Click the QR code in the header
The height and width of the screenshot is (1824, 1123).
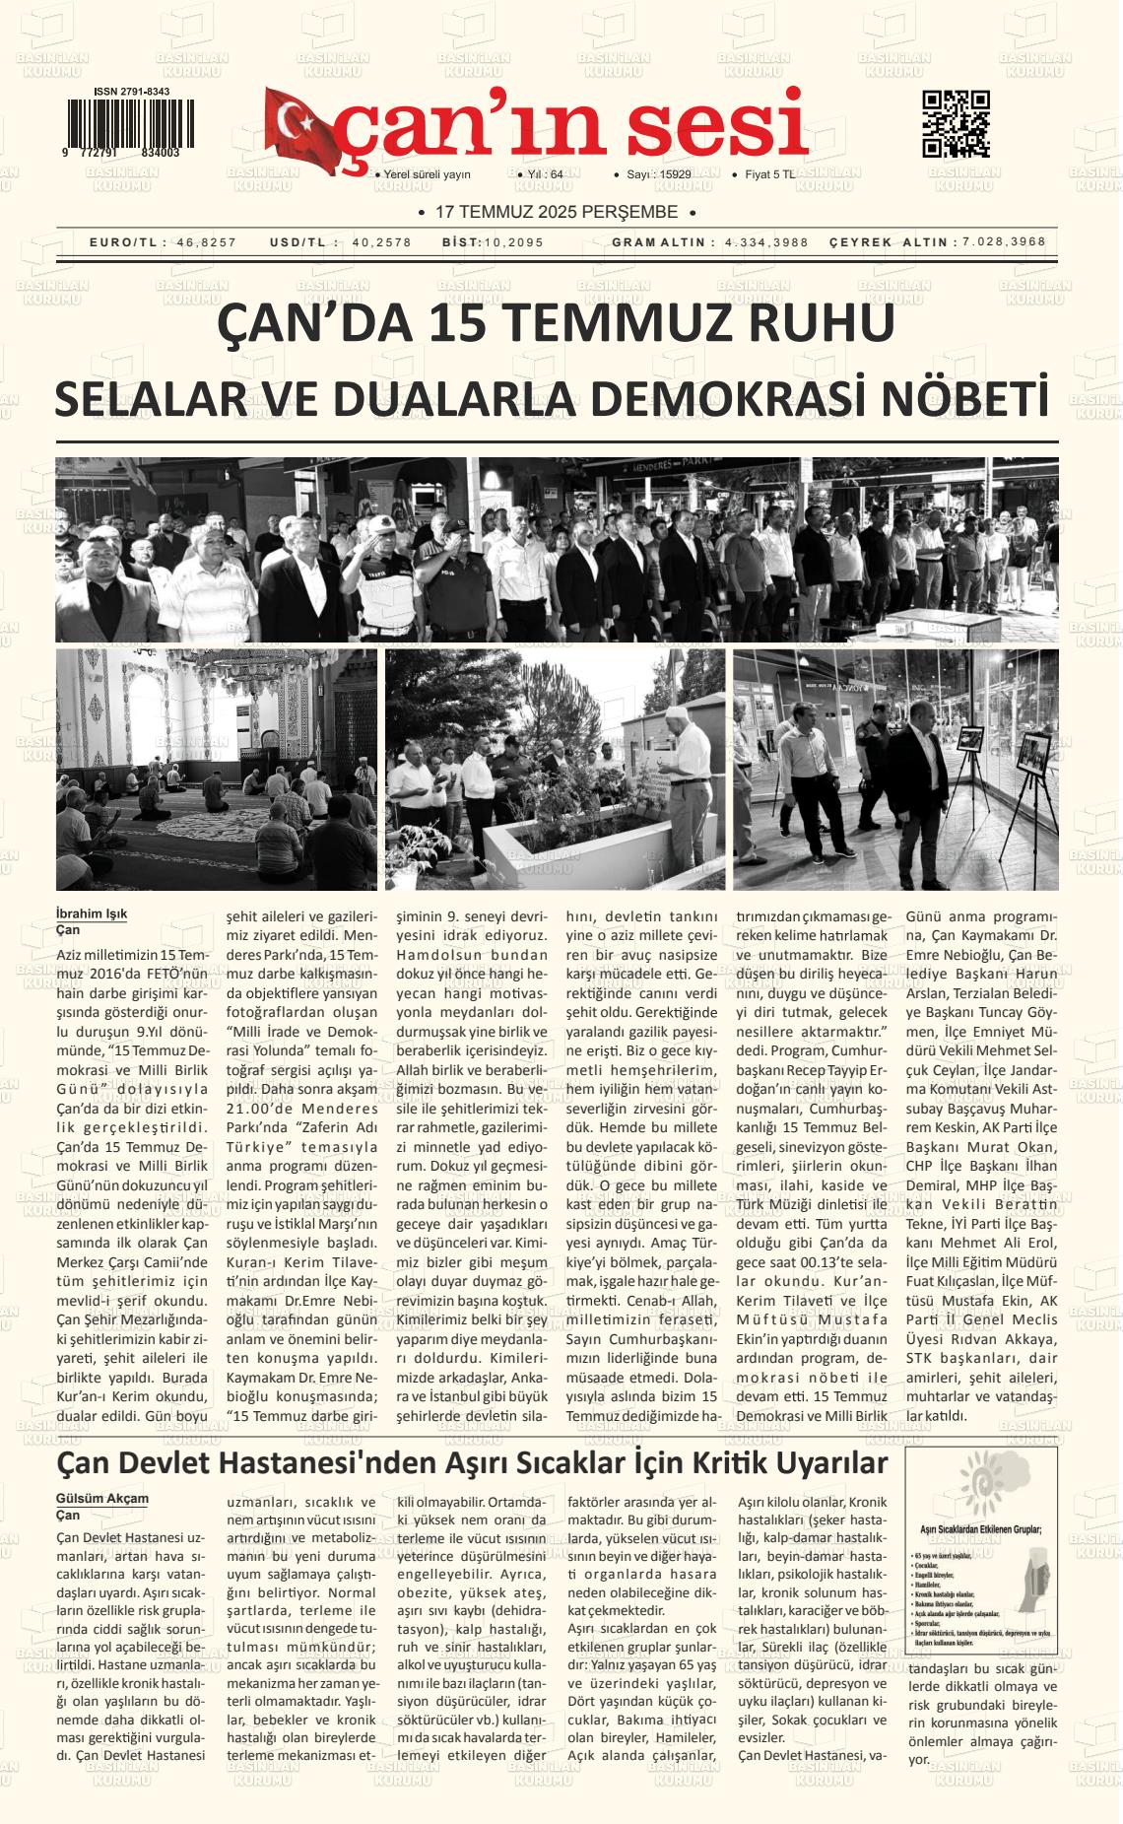pos(955,124)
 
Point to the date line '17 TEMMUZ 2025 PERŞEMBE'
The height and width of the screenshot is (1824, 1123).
pos(558,212)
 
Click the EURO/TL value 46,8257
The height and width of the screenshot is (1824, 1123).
pos(207,242)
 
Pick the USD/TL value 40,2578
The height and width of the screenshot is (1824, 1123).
pos(381,242)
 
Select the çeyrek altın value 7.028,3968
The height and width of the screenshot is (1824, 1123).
pos(1004,242)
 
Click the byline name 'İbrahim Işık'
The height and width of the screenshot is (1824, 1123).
pos(92,913)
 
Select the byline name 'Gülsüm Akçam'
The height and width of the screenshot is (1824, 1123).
pos(102,1499)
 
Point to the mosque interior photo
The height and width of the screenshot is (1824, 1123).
pos(216,769)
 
